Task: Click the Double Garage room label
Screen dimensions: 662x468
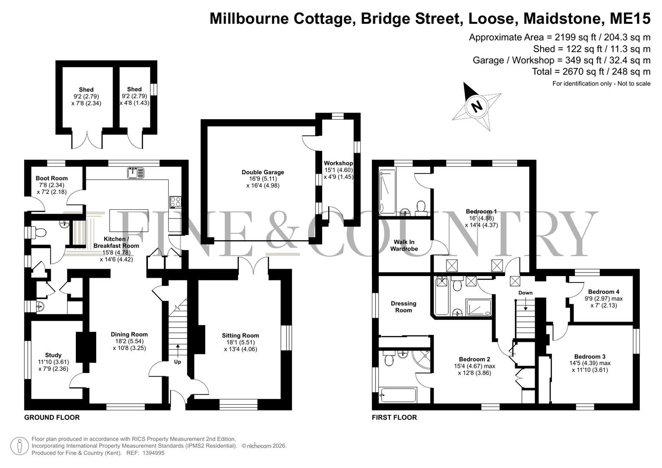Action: click(263, 172)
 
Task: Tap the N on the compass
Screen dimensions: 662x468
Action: click(476, 106)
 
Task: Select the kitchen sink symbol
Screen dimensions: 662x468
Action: click(136, 173)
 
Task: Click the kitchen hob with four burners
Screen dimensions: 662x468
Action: click(175, 202)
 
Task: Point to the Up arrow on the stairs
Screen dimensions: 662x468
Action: click(178, 351)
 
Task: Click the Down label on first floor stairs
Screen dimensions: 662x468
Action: click(525, 293)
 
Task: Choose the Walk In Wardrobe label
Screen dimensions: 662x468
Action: click(404, 246)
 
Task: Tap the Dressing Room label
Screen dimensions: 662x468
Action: click(404, 307)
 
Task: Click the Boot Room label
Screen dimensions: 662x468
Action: click(52, 178)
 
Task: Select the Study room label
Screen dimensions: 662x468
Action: click(53, 355)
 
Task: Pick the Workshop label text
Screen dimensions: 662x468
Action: click(339, 163)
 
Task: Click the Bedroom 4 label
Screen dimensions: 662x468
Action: click(604, 292)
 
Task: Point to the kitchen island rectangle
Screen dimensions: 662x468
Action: click(129, 221)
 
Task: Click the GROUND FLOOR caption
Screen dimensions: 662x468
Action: click(52, 417)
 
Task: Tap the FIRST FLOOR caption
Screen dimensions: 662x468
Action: click(394, 417)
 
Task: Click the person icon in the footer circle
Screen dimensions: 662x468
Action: click(20, 446)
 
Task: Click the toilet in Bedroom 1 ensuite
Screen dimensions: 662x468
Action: click(421, 207)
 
